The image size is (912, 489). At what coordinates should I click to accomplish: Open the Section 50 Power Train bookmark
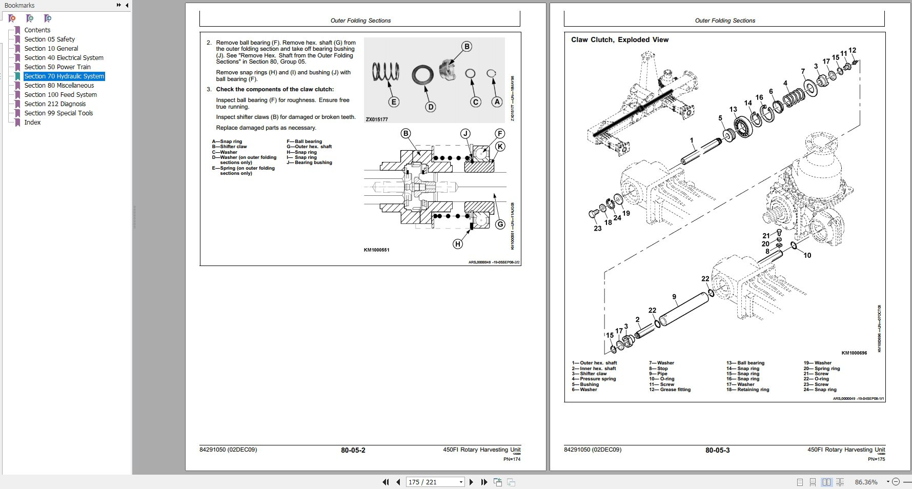coord(57,67)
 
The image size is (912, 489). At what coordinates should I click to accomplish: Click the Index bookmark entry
coord(32,122)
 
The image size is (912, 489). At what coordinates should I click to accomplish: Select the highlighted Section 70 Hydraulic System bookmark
coord(64,76)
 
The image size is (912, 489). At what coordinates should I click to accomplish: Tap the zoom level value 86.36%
coord(866,482)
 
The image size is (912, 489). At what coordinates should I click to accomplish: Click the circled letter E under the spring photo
coord(394,102)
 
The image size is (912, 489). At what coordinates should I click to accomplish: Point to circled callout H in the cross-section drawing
coord(458,244)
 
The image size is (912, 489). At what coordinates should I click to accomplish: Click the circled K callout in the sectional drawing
coord(500,147)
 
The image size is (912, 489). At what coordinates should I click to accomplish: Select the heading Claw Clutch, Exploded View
coord(620,39)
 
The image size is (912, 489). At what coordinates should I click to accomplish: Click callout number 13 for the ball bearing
coord(733,109)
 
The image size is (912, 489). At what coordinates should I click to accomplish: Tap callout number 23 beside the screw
coord(598,228)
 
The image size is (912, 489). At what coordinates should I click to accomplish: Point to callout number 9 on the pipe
coord(674,296)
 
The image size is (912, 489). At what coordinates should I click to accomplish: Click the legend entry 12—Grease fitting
coord(670,390)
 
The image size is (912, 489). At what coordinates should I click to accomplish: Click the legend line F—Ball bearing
coord(305,141)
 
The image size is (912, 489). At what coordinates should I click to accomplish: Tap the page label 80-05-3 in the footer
coord(717,450)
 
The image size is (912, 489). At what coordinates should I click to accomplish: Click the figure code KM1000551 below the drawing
coord(376,250)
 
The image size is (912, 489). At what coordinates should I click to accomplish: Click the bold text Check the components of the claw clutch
coord(275,89)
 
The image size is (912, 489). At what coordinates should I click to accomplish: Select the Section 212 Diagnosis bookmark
coord(55,104)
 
